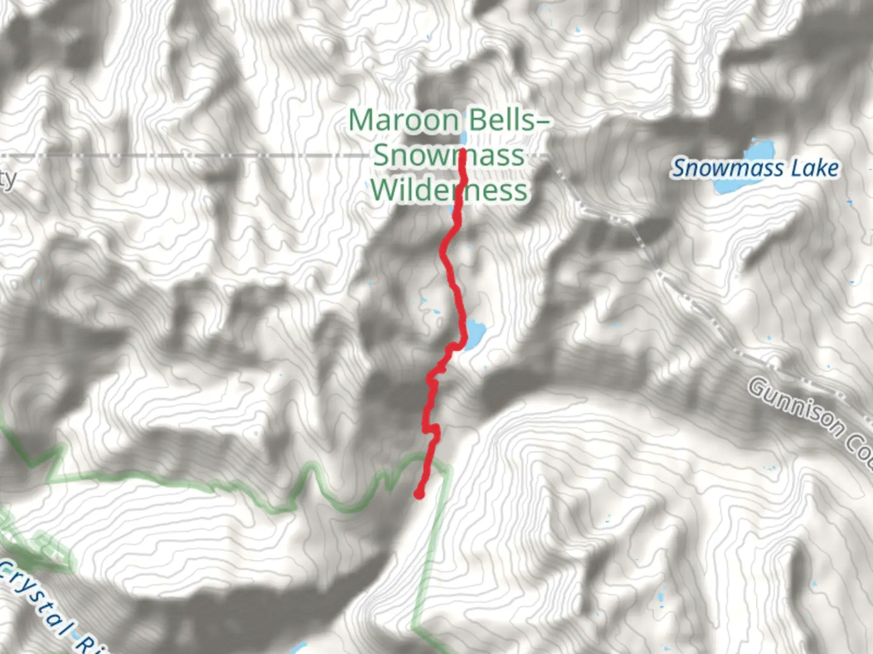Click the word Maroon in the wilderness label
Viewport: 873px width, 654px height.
(x=404, y=120)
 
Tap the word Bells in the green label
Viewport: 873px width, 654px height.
(x=499, y=120)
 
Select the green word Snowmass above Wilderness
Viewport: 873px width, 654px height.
(x=448, y=155)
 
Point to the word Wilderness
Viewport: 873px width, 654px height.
(x=449, y=190)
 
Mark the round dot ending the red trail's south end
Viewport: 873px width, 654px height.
(x=418, y=495)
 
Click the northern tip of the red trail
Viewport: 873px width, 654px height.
(x=462, y=151)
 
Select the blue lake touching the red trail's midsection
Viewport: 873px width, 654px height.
(x=475, y=332)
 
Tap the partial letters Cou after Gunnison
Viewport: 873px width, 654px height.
(x=861, y=451)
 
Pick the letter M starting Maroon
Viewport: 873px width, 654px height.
(x=361, y=120)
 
